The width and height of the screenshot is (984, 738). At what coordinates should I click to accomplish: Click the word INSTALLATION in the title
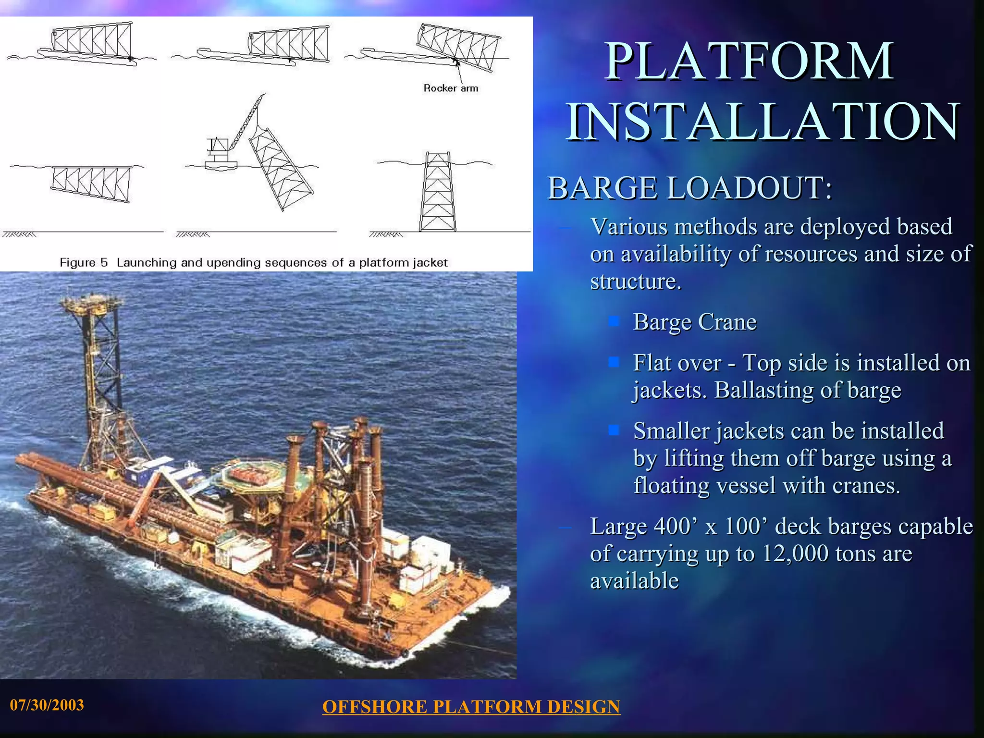pos(763,122)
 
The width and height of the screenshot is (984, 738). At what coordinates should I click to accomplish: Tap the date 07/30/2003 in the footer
pos(47,705)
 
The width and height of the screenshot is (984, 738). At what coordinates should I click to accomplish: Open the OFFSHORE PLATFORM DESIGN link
pos(471,707)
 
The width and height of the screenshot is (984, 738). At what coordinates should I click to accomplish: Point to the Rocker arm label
pos(450,88)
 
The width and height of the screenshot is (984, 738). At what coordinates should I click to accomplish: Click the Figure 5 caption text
pos(253,262)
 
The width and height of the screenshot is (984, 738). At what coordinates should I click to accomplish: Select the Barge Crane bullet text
pos(694,322)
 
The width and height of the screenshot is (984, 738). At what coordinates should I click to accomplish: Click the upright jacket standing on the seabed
pos(437,192)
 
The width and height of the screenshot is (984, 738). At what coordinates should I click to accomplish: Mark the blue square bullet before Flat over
pos(614,362)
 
